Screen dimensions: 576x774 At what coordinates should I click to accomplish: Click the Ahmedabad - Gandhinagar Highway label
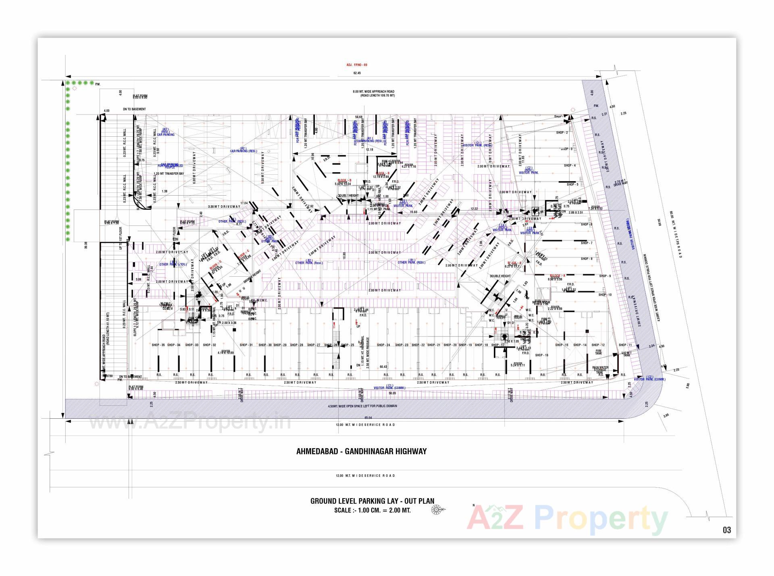[361, 452]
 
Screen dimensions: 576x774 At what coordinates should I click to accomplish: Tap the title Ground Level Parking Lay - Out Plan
[372, 501]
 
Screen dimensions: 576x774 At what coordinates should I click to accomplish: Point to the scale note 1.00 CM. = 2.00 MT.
[372, 510]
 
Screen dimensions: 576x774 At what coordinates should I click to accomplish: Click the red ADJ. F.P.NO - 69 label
[357, 65]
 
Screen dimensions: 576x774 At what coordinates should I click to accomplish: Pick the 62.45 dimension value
[357, 73]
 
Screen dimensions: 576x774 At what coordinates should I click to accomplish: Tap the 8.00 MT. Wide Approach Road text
[374, 92]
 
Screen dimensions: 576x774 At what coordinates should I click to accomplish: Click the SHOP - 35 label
[158, 345]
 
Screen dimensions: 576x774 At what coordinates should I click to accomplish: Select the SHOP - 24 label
[383, 345]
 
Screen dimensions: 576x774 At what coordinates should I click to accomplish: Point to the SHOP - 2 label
[562, 133]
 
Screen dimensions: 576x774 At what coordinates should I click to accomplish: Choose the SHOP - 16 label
[541, 355]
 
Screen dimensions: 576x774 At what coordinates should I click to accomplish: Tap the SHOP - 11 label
[625, 345]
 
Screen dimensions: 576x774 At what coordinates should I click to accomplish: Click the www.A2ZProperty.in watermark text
[189, 423]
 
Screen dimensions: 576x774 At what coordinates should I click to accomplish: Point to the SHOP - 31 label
[246, 345]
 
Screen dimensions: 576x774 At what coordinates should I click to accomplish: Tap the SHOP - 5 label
[572, 185]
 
